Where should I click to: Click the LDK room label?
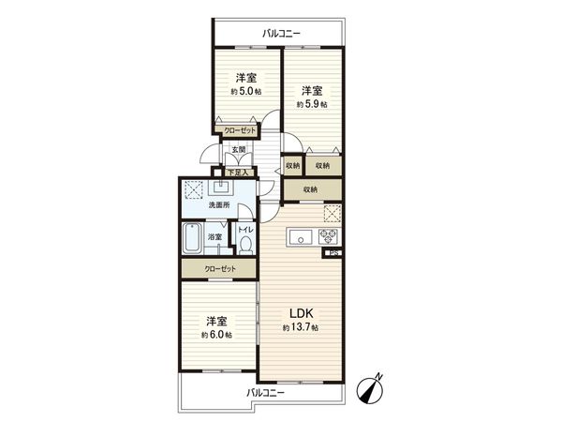[300, 313]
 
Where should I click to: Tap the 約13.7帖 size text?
[301, 328]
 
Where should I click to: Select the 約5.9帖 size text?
[312, 104]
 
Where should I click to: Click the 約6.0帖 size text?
[215, 334]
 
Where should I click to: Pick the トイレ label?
[244, 230]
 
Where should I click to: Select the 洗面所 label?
[218, 205]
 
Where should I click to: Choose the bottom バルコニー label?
[266, 392]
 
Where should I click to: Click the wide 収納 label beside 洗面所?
[310, 188]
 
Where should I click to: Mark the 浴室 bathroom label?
[214, 237]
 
